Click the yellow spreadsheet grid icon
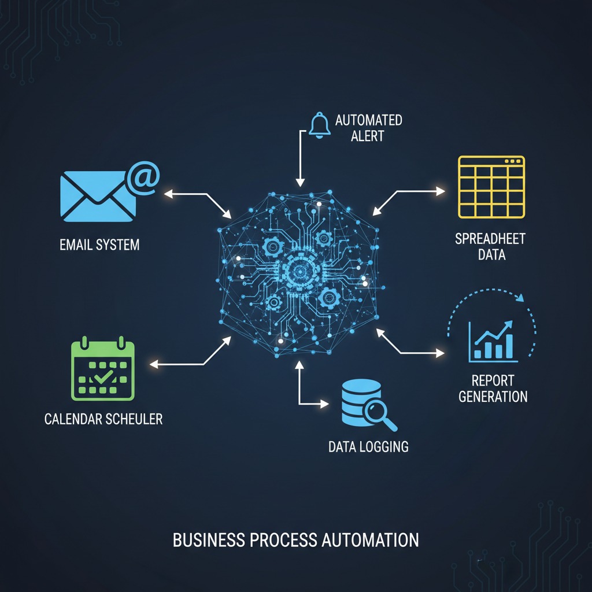click(x=491, y=187)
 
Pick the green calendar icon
click(x=102, y=370)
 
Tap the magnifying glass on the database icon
click(x=380, y=414)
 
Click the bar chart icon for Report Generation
click(x=492, y=342)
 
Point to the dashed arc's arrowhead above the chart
click(x=520, y=298)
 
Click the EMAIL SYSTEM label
click(x=99, y=245)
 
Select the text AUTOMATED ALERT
click(x=368, y=128)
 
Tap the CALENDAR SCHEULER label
click(x=103, y=419)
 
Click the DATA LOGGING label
click(x=368, y=446)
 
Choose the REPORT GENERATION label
click(x=493, y=388)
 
